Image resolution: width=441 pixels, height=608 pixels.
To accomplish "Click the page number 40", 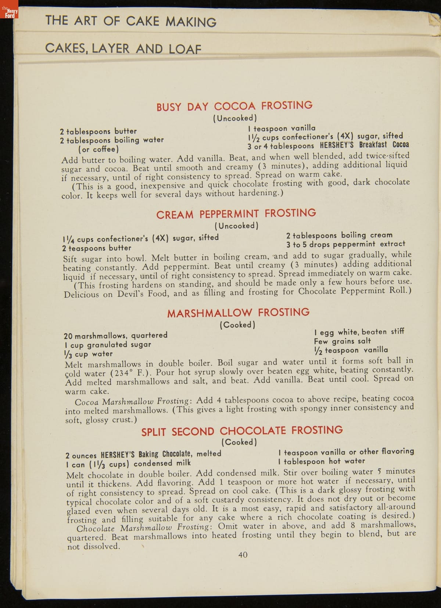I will (243, 555).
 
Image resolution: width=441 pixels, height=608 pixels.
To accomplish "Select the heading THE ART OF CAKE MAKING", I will (131, 21).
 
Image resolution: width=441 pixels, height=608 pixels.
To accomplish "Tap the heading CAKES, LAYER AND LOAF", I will (123, 48).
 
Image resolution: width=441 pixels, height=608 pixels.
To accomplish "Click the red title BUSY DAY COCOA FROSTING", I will (234, 106).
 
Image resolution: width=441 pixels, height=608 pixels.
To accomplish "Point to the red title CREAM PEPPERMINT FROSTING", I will (236, 213).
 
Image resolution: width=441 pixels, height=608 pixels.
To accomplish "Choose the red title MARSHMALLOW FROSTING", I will (238, 313).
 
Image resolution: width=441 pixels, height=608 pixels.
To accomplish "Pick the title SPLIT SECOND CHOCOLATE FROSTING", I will (242, 431).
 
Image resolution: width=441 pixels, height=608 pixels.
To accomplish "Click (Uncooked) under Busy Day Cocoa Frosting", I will (235, 118).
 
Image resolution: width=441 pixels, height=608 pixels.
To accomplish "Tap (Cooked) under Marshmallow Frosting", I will (237, 325).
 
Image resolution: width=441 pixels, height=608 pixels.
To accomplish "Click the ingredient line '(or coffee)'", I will (98, 149).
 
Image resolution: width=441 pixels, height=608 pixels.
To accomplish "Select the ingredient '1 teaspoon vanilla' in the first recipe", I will (282, 128).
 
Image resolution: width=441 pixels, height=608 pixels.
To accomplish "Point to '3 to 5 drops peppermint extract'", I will (345, 244).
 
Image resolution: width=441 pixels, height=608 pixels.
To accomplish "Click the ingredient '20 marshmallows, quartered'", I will (115, 335).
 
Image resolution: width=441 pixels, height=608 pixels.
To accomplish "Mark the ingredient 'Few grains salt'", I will (342, 341).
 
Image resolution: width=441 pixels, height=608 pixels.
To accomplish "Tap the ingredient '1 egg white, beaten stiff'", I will (359, 332).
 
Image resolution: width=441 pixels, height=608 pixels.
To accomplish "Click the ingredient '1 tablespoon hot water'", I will (322, 461).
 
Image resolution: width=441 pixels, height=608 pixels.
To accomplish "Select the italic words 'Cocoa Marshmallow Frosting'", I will (132, 401).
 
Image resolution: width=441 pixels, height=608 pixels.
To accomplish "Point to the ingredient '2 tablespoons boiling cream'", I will (339, 235).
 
